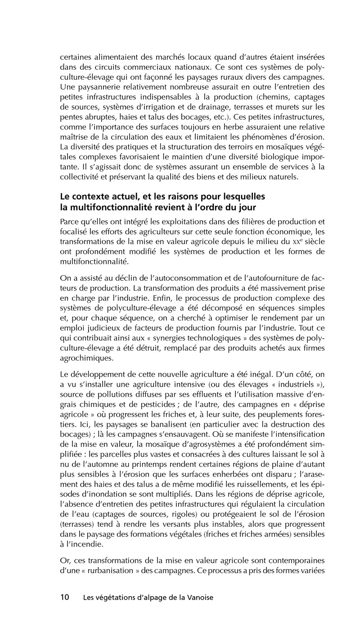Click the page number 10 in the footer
coord(64,598)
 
